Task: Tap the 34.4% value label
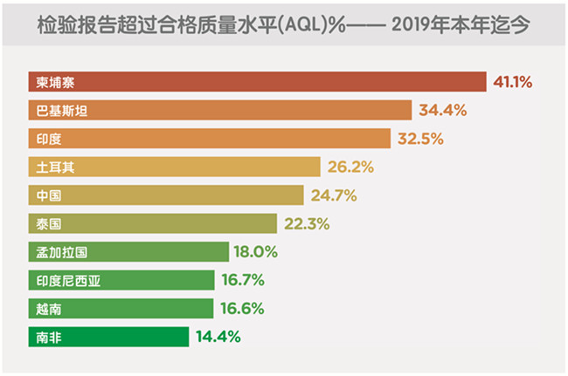pos(441,110)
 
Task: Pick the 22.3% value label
pos(307,223)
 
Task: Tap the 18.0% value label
pos(255,252)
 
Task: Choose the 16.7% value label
pos(243,280)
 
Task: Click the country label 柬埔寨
pos(55,82)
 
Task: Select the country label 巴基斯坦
pos(61,110)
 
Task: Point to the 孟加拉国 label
pos(61,252)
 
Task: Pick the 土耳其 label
pos(55,167)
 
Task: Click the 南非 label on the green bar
pos(49,336)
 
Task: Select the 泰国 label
pos(49,223)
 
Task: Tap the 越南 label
pos(49,308)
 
